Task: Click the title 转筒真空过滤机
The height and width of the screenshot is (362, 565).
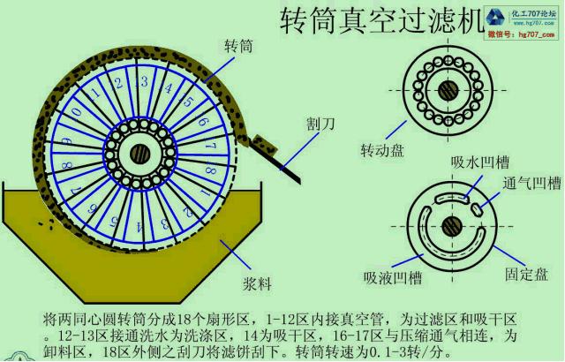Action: point(379,19)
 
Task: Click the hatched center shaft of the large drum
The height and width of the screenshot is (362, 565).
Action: point(139,153)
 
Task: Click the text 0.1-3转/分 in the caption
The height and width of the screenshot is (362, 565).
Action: point(388,352)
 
